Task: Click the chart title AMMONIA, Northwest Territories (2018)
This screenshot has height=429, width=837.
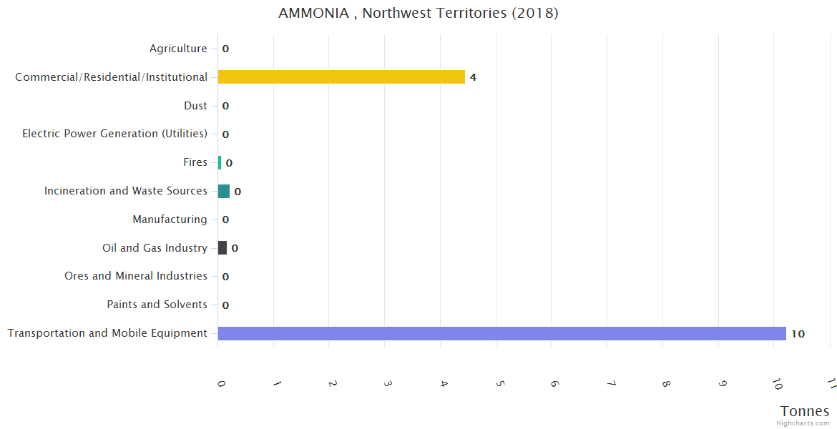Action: [418, 14]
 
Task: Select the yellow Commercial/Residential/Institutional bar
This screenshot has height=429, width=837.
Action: [341, 77]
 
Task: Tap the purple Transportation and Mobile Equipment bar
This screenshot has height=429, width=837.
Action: [501, 333]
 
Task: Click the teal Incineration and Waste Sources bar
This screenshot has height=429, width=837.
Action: [224, 191]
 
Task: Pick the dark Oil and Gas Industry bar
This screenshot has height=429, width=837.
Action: [222, 248]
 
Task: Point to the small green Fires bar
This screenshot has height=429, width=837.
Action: [220, 162]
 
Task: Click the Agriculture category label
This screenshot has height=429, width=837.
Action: [178, 49]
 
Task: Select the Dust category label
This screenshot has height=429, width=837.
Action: [195, 106]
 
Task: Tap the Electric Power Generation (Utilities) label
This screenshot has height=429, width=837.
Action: [114, 134]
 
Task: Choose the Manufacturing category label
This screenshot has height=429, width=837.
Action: [170, 220]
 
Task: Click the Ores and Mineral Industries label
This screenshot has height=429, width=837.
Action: [136, 276]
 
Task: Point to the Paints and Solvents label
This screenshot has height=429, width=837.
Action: [157, 305]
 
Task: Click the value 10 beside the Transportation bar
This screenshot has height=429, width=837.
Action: [798, 334]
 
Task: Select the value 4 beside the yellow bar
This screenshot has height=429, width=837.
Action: [473, 77]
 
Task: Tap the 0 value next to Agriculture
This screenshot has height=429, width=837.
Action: [225, 49]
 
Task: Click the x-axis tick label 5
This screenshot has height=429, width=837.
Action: [499, 384]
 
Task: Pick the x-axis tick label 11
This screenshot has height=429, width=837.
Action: [831, 384]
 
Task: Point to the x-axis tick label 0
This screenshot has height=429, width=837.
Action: [221, 384]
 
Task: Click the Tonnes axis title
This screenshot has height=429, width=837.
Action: [805, 411]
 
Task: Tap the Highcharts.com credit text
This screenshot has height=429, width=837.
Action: [803, 423]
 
